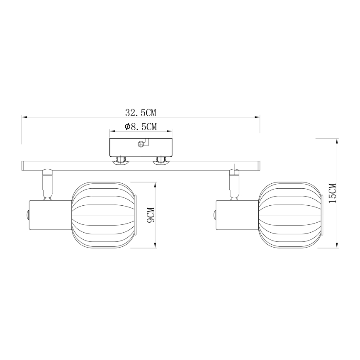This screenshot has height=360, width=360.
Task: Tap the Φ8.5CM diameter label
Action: coord(140,126)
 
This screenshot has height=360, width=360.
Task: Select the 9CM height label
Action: coord(150,215)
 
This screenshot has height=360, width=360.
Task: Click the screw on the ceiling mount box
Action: coord(141,144)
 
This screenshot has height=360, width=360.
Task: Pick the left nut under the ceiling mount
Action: coord(121,160)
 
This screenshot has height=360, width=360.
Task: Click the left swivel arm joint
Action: coord(46,182)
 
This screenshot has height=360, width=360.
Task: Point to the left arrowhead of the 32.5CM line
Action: coord(24,117)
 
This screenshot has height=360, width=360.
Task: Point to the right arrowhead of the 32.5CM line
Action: coord(258,117)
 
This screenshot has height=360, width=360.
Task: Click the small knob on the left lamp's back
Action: coord(27,216)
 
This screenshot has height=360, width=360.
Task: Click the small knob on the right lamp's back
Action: coord(214,216)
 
